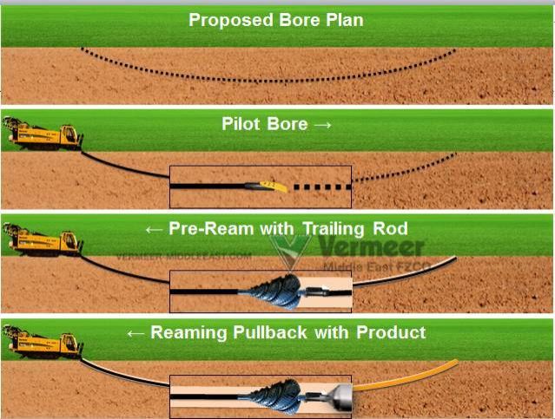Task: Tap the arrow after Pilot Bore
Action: coord(322,125)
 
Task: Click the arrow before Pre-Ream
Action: coord(153,229)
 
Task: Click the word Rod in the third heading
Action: coord(391,229)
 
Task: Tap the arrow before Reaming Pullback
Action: coord(137,332)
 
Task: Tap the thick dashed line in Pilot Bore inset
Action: coord(321,187)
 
